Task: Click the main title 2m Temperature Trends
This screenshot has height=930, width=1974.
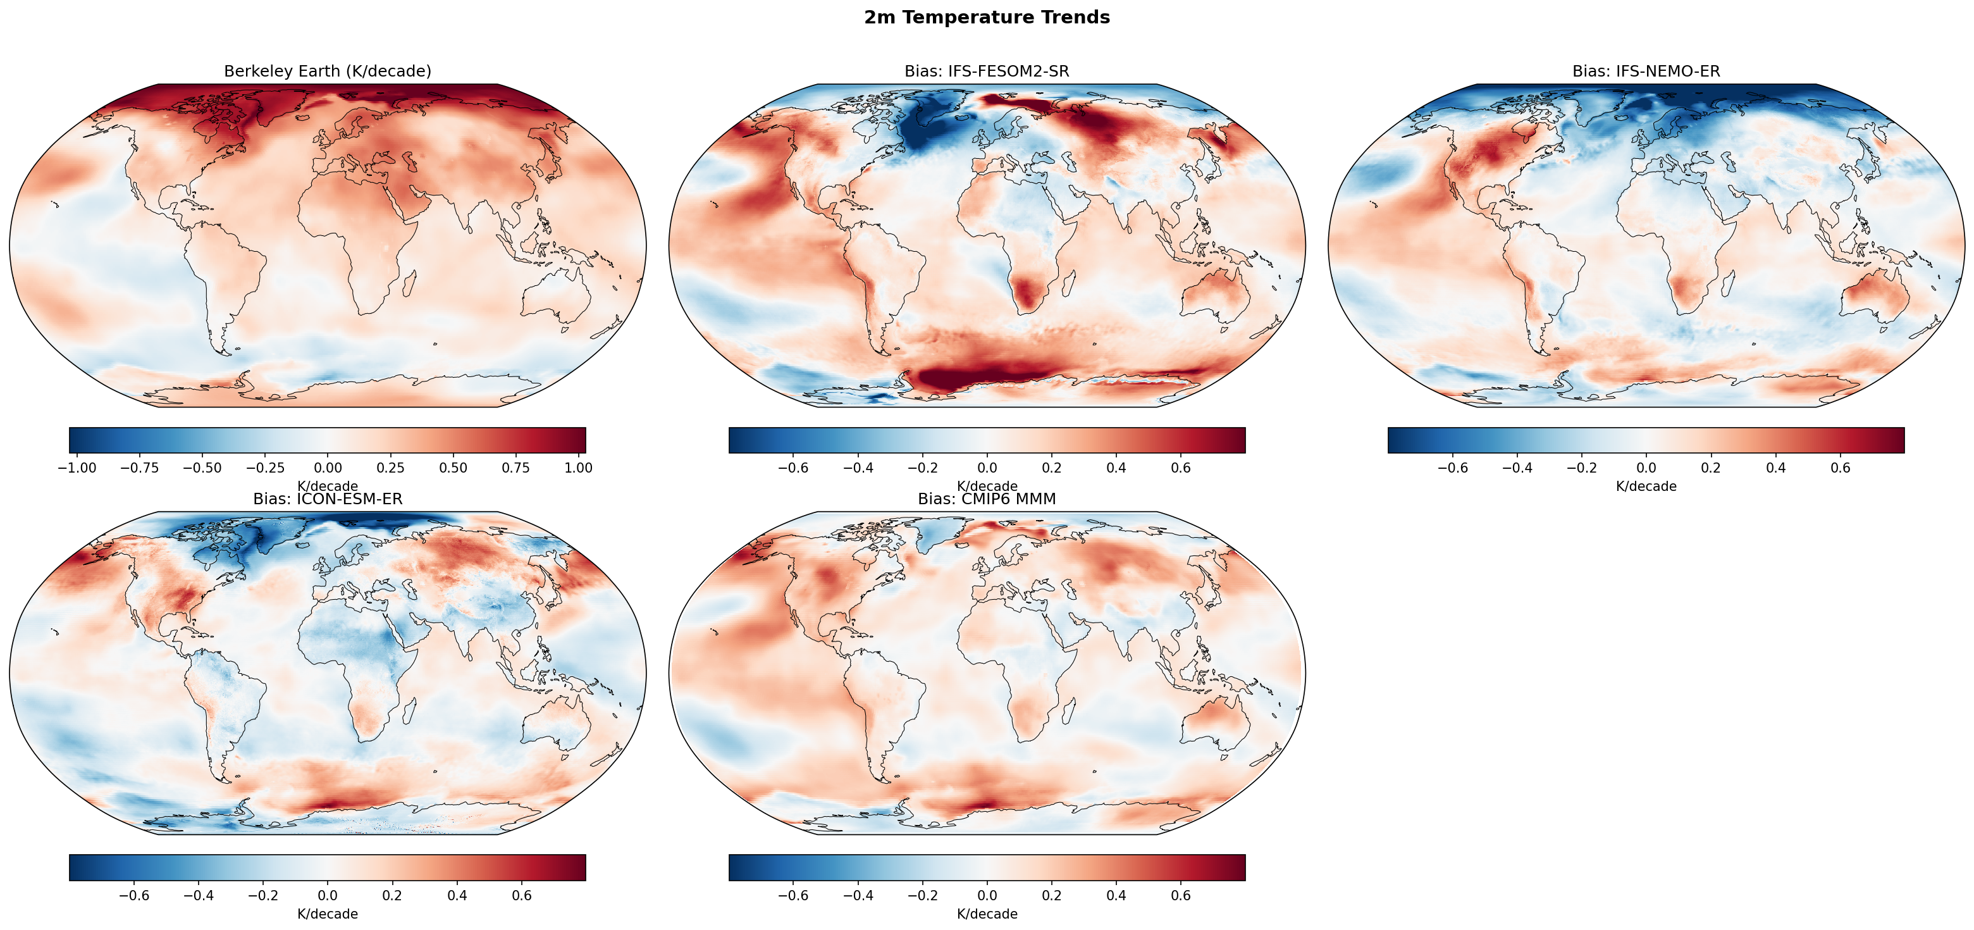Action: click(986, 18)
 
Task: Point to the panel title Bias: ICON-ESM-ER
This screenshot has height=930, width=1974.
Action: click(327, 499)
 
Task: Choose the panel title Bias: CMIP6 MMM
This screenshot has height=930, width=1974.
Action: click(986, 499)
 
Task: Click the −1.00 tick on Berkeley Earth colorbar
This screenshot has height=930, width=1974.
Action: click(77, 468)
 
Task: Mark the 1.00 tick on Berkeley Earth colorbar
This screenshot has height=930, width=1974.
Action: click(578, 468)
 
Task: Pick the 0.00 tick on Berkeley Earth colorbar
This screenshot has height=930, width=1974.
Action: click(328, 468)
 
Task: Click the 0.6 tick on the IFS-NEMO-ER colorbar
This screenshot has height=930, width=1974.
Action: click(1840, 468)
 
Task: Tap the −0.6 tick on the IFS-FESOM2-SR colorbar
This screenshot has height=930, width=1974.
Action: click(793, 468)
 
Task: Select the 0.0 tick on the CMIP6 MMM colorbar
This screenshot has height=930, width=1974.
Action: click(987, 895)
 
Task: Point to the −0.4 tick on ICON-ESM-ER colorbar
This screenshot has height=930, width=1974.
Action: click(199, 895)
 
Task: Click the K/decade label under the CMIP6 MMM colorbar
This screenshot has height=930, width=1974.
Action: click(987, 914)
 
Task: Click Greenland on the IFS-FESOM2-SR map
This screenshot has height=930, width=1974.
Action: click(931, 123)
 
